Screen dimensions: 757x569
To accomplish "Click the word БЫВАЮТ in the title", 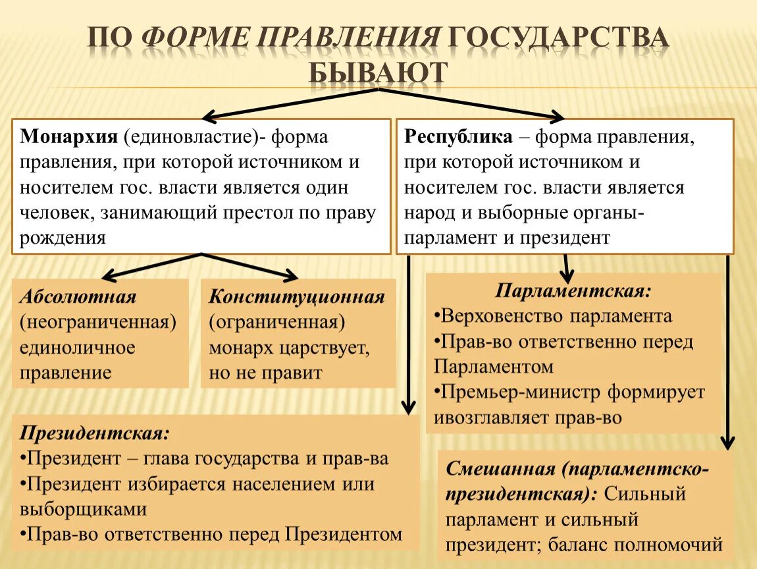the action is click(x=378, y=71).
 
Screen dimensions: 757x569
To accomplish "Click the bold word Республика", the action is click(x=458, y=137).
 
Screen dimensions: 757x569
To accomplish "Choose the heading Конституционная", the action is click(x=297, y=296).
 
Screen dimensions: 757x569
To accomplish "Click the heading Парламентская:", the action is click(x=573, y=290).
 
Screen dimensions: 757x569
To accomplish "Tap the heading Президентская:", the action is click(x=95, y=433).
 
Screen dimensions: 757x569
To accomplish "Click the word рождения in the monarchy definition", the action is click(x=63, y=238).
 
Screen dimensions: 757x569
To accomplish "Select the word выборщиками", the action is click(x=82, y=509).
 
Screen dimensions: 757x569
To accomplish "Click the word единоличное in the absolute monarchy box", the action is click(x=77, y=347).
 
